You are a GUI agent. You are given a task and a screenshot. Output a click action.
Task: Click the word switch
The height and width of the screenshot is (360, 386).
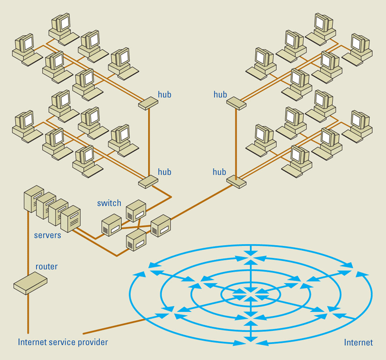click(x=109, y=203)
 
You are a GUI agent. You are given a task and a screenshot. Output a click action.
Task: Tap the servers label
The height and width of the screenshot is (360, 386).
click(x=48, y=236)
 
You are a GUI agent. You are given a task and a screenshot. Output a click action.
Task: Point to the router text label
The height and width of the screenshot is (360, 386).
click(x=47, y=267)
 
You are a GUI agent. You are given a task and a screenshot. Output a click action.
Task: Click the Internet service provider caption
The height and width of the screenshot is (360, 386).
click(x=63, y=342)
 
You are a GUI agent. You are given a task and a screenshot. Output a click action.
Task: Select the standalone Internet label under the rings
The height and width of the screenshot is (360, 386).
click(x=358, y=343)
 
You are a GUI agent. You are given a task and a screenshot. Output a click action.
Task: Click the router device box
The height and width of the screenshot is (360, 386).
click(x=30, y=282)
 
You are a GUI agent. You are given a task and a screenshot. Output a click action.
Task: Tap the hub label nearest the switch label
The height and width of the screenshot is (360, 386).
click(x=164, y=172)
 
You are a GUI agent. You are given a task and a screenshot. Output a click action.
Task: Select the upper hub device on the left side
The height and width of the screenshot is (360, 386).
click(x=148, y=103)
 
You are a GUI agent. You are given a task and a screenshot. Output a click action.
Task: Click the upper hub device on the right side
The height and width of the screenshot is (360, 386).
click(x=236, y=103)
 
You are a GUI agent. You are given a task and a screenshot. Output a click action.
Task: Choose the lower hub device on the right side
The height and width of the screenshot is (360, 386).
click(x=236, y=182)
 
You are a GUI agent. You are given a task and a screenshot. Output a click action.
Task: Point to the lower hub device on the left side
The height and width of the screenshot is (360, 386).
click(x=148, y=182)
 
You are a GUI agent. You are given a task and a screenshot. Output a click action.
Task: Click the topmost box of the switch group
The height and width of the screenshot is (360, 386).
click(x=136, y=210)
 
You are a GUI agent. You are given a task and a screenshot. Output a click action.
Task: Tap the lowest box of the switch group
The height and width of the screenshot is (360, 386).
click(x=136, y=240)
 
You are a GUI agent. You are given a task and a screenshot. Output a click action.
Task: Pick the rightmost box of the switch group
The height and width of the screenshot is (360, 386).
click(x=161, y=225)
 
